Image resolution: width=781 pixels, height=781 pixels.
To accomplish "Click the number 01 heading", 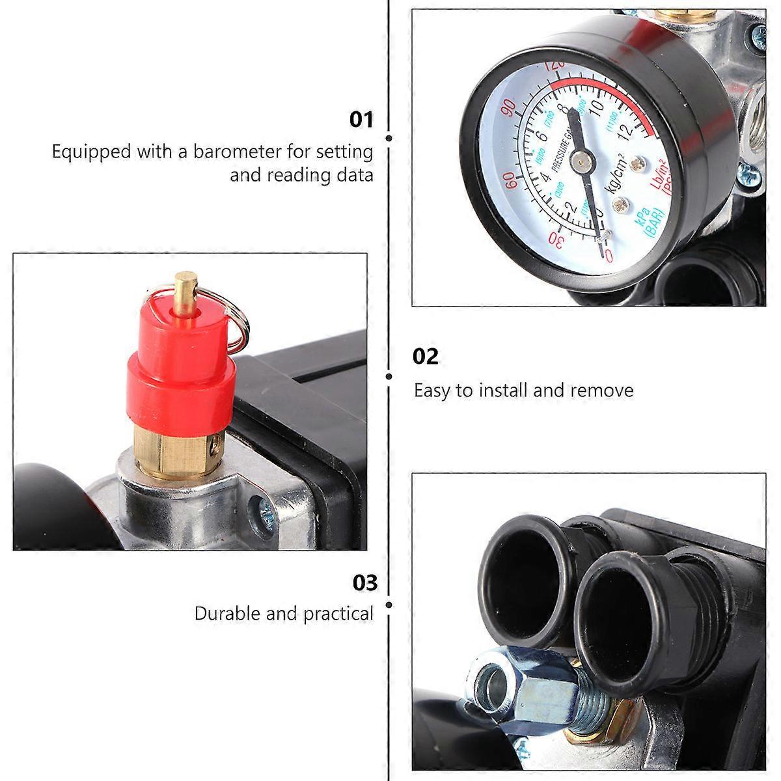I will point(362,120).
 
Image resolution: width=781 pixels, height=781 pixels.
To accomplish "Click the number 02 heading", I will point(426,357).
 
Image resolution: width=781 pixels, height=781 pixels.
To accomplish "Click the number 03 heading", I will point(364,582).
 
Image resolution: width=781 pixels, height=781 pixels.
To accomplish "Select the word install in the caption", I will point(504,390).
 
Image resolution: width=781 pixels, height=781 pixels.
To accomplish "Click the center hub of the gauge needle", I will point(583,156).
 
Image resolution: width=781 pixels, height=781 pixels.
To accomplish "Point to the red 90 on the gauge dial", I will point(509,109).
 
